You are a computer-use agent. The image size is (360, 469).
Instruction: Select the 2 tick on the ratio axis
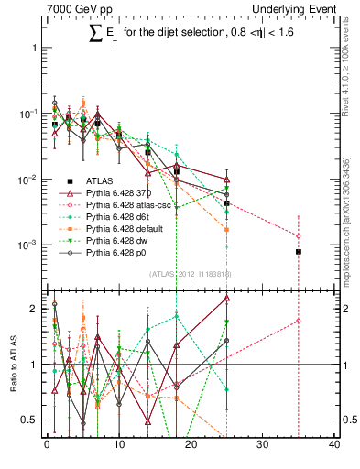[x=32, y=309]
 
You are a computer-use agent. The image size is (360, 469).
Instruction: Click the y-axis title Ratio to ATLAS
[x=12, y=365]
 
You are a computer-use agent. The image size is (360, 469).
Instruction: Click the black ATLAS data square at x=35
[x=299, y=251]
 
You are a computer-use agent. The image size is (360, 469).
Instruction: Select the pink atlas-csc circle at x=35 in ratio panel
[x=299, y=321]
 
